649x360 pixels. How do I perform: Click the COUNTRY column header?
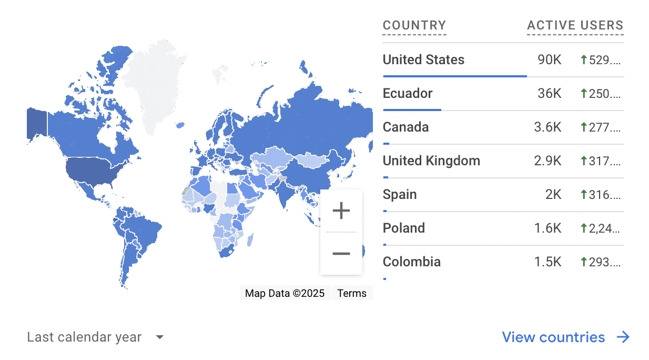(x=414, y=25)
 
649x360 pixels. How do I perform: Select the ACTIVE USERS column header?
(x=575, y=25)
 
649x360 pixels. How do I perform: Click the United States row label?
(x=423, y=60)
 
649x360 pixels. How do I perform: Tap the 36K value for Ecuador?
(x=549, y=94)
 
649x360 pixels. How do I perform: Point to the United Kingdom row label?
(x=431, y=161)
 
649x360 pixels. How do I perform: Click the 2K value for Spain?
(x=553, y=195)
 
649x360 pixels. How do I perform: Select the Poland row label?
(x=404, y=228)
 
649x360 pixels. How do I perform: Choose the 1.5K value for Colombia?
(x=547, y=262)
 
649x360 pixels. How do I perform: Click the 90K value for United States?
(x=549, y=60)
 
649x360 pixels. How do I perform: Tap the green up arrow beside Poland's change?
(x=583, y=228)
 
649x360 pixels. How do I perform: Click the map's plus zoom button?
(x=341, y=211)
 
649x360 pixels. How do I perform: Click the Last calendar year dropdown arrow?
(x=160, y=337)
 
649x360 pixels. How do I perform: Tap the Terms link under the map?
(x=352, y=293)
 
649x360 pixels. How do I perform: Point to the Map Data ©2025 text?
(x=285, y=293)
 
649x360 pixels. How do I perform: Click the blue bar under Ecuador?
(x=412, y=110)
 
